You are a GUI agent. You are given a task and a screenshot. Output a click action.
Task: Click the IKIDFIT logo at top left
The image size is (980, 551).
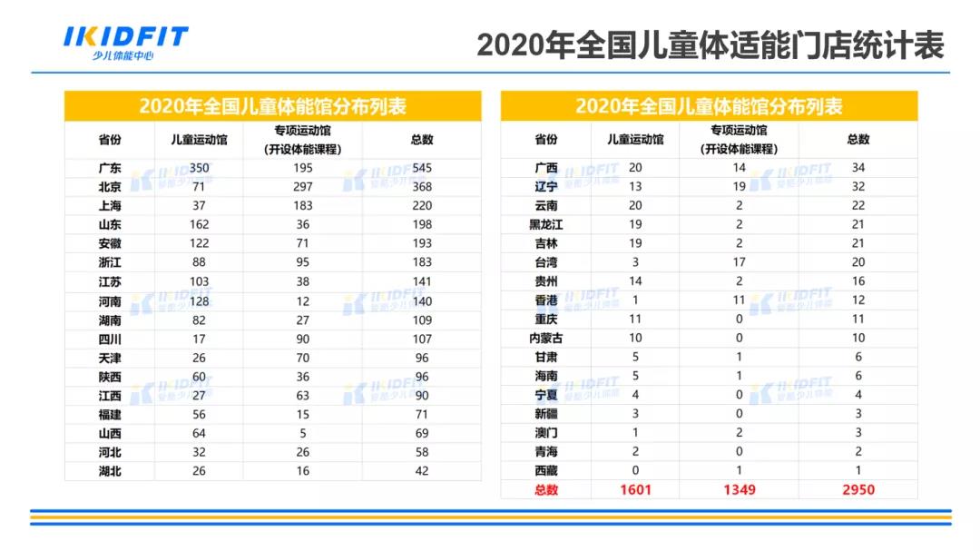pyautogui.click(x=125, y=42)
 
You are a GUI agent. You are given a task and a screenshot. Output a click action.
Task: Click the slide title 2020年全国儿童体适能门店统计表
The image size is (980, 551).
pyautogui.click(x=710, y=44)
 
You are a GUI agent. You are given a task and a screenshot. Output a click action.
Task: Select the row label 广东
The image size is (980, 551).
pyautogui.click(x=110, y=168)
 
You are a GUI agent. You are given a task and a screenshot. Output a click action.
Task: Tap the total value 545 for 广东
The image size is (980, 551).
pyautogui.click(x=422, y=168)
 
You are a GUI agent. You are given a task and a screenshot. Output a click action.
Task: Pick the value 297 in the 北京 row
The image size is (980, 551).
pyautogui.click(x=303, y=187)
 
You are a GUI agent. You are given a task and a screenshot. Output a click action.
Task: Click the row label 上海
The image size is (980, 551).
pyautogui.click(x=110, y=206)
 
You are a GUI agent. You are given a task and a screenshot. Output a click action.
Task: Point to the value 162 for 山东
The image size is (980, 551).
pyautogui.click(x=200, y=224)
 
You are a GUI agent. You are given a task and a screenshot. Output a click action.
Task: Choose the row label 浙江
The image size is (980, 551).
pyautogui.click(x=110, y=262)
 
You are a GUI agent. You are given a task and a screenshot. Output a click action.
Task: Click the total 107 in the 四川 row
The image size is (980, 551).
pyautogui.click(x=422, y=339)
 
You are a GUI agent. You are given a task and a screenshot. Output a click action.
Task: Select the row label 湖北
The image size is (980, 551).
pyautogui.click(x=110, y=471)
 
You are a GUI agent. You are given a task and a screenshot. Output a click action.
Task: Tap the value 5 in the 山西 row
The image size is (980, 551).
pyautogui.click(x=303, y=433)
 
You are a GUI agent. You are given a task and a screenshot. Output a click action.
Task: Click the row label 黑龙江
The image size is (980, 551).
pyautogui.click(x=546, y=224)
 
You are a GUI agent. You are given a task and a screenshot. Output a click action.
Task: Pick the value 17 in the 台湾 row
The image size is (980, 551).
pyautogui.click(x=740, y=262)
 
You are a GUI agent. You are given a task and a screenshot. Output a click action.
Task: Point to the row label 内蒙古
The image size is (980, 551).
pyautogui.click(x=546, y=338)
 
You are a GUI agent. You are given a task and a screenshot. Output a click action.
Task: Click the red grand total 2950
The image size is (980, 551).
pyautogui.click(x=858, y=490)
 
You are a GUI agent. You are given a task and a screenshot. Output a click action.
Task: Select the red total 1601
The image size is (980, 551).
pyautogui.click(x=635, y=490)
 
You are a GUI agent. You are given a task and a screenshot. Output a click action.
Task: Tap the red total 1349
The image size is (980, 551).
pyautogui.click(x=740, y=490)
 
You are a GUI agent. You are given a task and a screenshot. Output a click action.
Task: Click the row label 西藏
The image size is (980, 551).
pyautogui.click(x=546, y=470)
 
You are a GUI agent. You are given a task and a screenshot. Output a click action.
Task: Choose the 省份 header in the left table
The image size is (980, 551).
pyautogui.click(x=110, y=140)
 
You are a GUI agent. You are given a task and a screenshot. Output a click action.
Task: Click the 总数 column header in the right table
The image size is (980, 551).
pyautogui.click(x=858, y=140)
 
